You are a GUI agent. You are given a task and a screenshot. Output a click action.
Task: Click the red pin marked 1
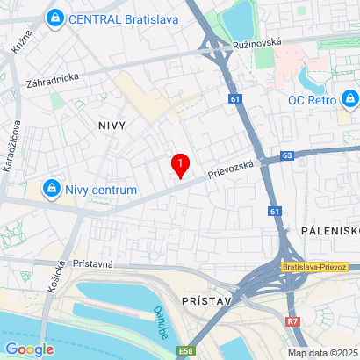(181, 164)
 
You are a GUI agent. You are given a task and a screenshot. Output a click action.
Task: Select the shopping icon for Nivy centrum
(53, 189)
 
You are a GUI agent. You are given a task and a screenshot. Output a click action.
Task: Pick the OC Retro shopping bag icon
(350, 98)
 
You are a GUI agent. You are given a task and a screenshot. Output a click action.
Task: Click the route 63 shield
(287, 155)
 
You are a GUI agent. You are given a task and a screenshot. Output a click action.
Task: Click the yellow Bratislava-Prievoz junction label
(316, 266)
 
